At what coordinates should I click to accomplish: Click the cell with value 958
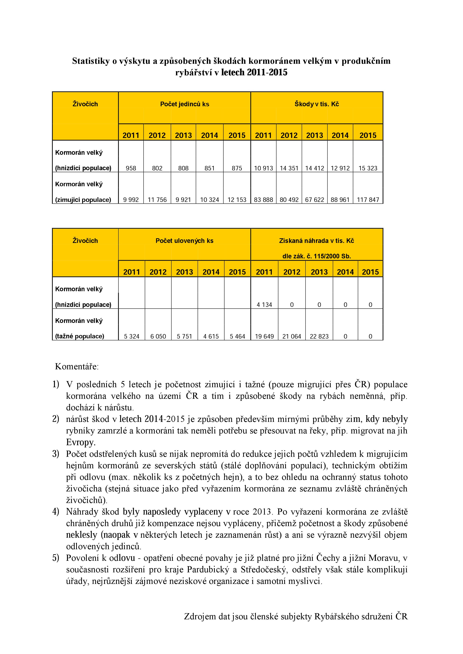(x=131, y=168)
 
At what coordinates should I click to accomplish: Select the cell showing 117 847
(x=368, y=200)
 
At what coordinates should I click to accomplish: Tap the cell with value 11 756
(x=157, y=200)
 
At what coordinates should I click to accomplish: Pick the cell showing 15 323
(x=368, y=168)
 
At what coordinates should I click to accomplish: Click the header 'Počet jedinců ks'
(x=184, y=104)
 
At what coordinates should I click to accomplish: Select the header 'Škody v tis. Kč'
(x=317, y=104)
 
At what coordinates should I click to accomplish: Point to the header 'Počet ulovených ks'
(x=184, y=241)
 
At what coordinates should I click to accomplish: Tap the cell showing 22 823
(x=319, y=336)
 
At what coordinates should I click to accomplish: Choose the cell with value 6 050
(x=158, y=336)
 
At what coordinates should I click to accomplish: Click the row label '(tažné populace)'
(x=80, y=336)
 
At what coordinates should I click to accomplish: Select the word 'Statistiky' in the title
(x=91, y=61)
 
